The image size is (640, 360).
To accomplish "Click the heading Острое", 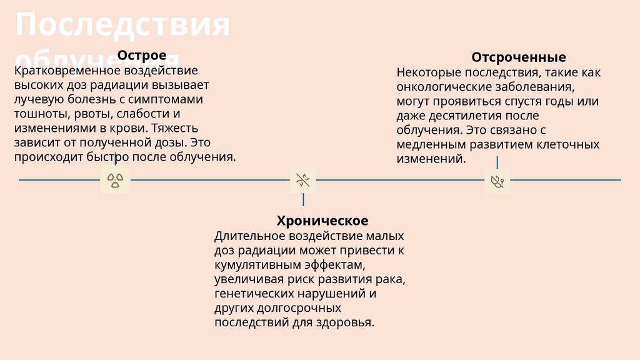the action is [x=142, y=56].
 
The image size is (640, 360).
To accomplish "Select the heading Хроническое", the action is [x=322, y=221].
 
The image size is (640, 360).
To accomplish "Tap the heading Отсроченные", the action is [x=518, y=57].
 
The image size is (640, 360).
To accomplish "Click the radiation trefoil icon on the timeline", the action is [x=115, y=180].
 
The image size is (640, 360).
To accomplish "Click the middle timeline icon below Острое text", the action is [x=303, y=181].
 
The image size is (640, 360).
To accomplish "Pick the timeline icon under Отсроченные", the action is [x=497, y=181].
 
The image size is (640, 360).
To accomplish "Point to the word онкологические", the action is [x=442, y=87].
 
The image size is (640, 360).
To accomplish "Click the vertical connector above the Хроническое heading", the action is [x=303, y=200].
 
